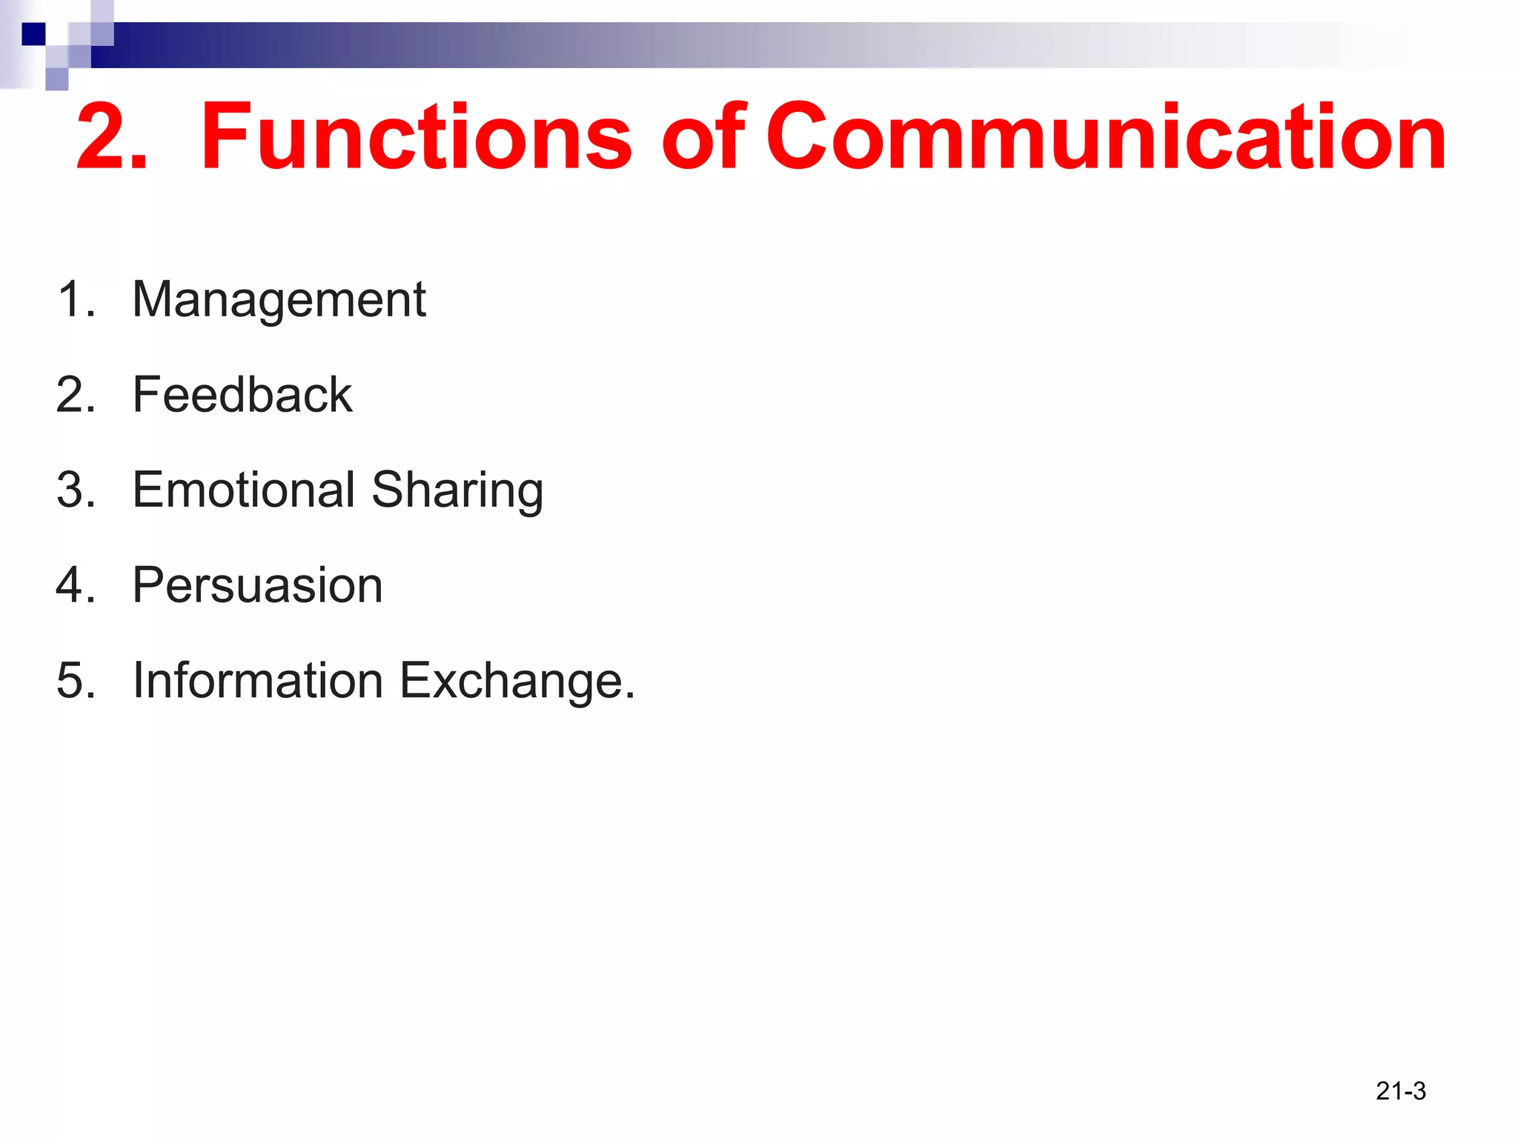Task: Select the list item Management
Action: (279, 300)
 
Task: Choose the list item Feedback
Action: (242, 394)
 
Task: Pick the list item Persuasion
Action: (257, 585)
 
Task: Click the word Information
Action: (258, 680)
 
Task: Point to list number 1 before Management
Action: (75, 300)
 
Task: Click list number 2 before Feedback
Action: (75, 394)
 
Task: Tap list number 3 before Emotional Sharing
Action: (75, 490)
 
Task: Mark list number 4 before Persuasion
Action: (75, 585)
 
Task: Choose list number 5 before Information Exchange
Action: (75, 680)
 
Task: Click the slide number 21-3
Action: (1400, 1091)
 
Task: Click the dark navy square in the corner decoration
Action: (33, 34)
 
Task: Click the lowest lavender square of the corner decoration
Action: (57, 79)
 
